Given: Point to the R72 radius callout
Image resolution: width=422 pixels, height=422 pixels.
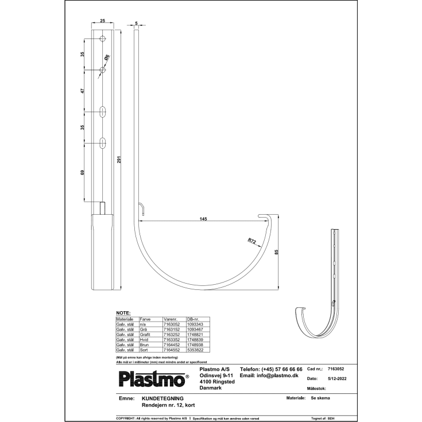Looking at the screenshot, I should [x=252, y=241].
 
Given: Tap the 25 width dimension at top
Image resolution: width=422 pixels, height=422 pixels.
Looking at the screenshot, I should [x=102, y=21].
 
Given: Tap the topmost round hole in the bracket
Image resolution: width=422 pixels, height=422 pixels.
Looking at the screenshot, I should [x=102, y=39].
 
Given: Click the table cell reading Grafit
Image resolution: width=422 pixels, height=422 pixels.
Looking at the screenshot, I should [x=145, y=334].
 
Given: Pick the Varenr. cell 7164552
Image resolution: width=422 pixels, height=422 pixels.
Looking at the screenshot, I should [x=172, y=349].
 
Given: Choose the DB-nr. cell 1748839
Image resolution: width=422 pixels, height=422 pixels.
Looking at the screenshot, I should [x=195, y=339].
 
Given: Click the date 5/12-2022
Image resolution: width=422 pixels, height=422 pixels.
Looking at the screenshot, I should [x=338, y=379].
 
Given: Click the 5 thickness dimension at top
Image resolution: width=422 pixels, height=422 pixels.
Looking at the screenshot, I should [x=136, y=24].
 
